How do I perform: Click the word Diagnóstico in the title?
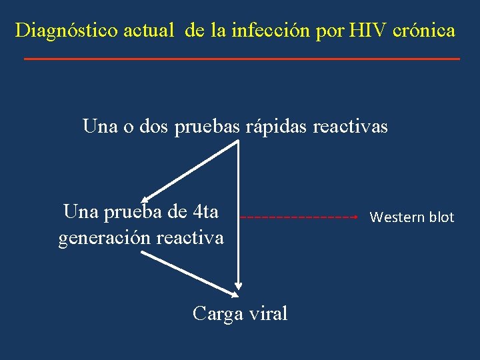[x=67, y=31]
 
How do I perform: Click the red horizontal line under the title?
[x=241, y=59]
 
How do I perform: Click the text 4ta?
[x=204, y=212]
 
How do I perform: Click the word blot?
[x=441, y=217]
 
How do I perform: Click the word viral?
[x=266, y=313]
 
